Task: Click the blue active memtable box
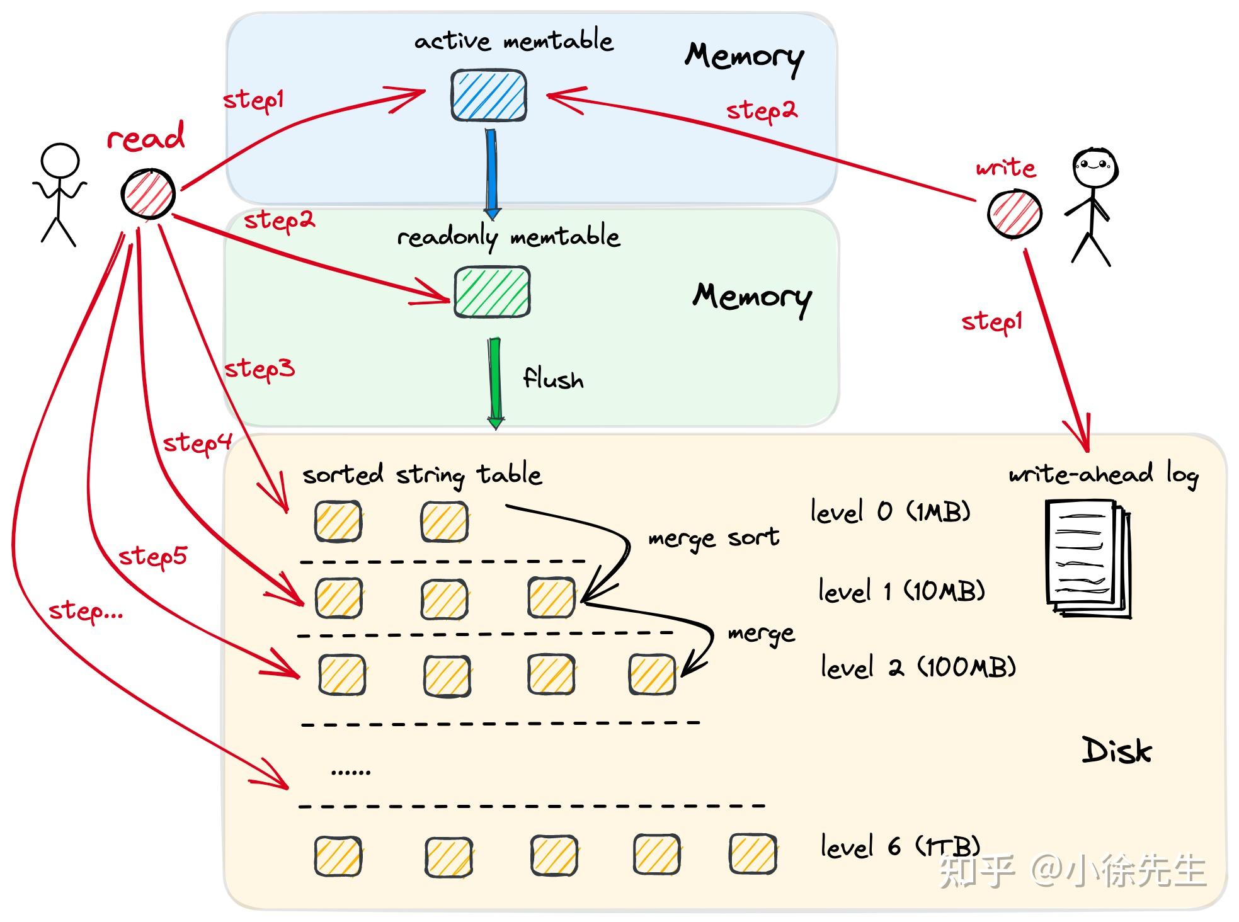point(489,96)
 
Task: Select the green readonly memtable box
point(492,292)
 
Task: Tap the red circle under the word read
point(148,193)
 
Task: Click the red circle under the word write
point(1014,213)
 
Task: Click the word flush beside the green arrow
point(553,378)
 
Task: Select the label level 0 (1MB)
point(890,511)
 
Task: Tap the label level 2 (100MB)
point(918,667)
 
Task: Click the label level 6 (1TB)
point(900,846)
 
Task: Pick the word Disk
point(1117,750)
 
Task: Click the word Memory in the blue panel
point(745,58)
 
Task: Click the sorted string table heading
point(422,475)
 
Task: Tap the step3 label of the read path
point(260,369)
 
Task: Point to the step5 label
point(153,557)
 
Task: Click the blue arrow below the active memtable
point(491,173)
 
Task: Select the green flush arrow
point(496,384)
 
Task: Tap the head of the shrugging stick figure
point(60,162)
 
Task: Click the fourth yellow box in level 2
point(652,674)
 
